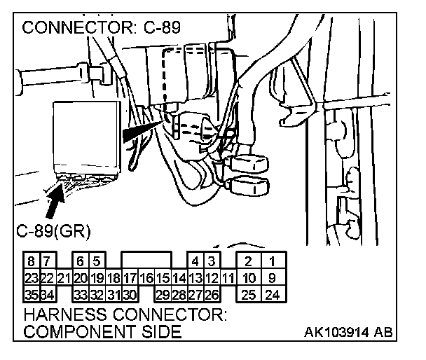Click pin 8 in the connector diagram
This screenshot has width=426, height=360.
tap(32, 261)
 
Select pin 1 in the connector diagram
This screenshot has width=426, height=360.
tap(273, 261)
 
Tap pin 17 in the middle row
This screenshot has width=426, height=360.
tap(130, 278)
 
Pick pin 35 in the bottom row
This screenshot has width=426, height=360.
tap(32, 294)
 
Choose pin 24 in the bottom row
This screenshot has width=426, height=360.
tap(273, 294)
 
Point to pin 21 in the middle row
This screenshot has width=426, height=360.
tap(64, 278)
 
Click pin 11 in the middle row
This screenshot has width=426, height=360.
tap(228, 278)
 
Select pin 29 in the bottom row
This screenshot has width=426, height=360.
tap(163, 294)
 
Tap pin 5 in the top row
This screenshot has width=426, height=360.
tap(97, 261)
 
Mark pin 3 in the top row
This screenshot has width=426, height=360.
tap(212, 261)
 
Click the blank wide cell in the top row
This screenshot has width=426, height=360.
tap(146, 260)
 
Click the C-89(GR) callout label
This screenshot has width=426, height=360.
tap(53, 231)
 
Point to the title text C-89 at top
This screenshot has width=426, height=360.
tap(162, 27)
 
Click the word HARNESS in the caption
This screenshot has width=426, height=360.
tap(65, 314)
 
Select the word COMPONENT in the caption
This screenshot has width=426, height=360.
tap(79, 331)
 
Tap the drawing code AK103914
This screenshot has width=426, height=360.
tap(336, 332)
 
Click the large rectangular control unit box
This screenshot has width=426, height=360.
tap(87, 137)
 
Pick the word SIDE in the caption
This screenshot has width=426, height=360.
tap(162, 331)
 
